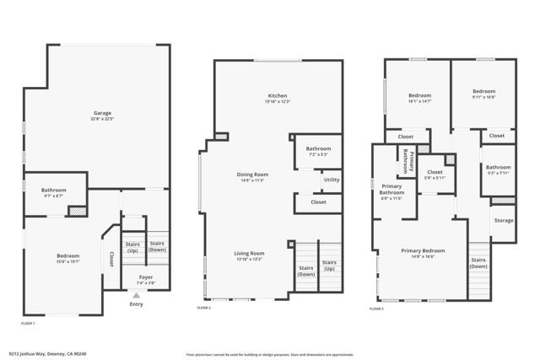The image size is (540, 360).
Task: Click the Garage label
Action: click(102, 113)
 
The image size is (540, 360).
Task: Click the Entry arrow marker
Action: click(135, 295)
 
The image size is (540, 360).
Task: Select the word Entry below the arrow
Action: click(136, 304)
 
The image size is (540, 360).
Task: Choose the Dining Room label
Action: click(252, 175)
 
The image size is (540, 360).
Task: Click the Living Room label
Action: click(250, 253)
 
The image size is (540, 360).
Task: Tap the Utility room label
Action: click(332, 180)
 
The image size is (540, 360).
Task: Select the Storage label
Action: click(504, 220)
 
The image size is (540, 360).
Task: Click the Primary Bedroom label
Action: click(423, 250)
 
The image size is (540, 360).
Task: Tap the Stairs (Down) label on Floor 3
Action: click(478, 262)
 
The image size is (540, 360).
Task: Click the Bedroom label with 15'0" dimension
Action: click(67, 255)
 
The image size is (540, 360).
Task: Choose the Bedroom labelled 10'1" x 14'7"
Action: click(420, 96)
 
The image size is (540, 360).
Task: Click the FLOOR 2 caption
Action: click(204, 309)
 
